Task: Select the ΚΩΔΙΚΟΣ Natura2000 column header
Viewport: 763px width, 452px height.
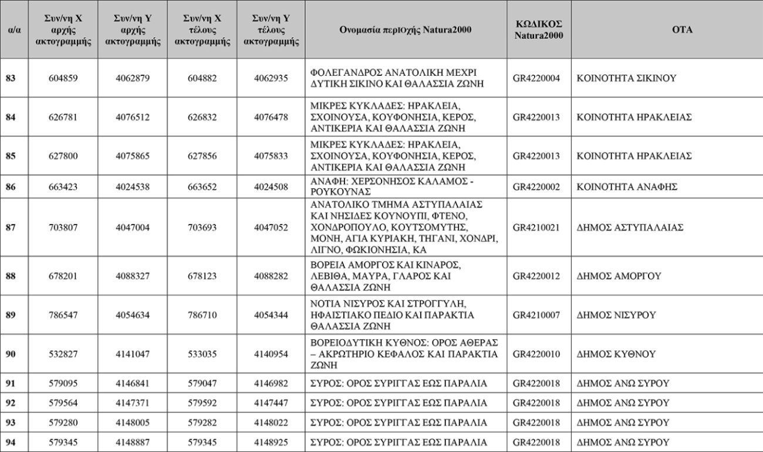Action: pos(538,29)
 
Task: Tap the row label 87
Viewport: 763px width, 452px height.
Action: pos(11,227)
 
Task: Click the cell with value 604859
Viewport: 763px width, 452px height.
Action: pos(63,78)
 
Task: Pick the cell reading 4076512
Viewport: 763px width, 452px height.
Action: pos(132,117)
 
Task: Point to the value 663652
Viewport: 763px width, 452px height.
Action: pos(202,187)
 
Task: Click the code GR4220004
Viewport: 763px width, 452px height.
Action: pos(536,78)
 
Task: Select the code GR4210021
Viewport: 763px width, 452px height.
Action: pos(536,227)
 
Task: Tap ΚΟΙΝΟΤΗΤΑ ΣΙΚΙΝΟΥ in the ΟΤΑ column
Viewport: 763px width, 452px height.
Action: pos(627,78)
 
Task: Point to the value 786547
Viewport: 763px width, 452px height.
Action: pos(63,315)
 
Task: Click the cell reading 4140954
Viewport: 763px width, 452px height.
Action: pos(271,354)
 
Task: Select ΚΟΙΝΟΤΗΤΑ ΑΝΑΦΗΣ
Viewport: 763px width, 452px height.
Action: pos(627,187)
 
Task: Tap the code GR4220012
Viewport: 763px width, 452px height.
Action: pos(536,276)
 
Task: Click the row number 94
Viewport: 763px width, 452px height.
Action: pos(11,442)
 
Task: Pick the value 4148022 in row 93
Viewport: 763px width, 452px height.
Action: pos(271,423)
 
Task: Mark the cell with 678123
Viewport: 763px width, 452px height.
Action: pos(202,276)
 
